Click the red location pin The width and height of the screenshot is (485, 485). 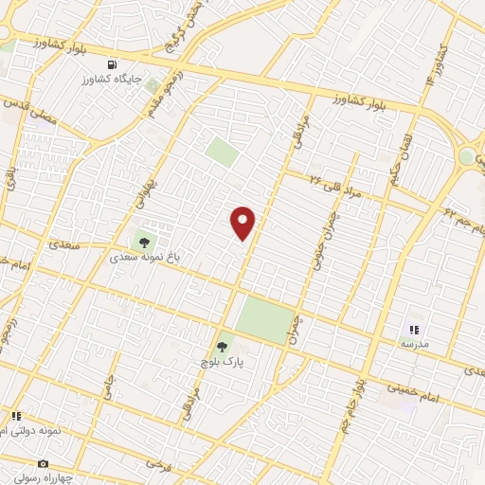click(243, 222)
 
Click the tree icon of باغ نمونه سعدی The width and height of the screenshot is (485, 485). click(143, 242)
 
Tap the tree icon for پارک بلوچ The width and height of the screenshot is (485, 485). click(223, 347)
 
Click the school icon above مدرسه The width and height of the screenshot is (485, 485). click(413, 330)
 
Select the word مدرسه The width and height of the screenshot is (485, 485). click(413, 345)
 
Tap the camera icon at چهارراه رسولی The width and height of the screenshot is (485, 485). click(43, 463)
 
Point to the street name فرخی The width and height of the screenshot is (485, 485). click(153, 465)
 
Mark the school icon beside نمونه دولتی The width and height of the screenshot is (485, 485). click(16, 416)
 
